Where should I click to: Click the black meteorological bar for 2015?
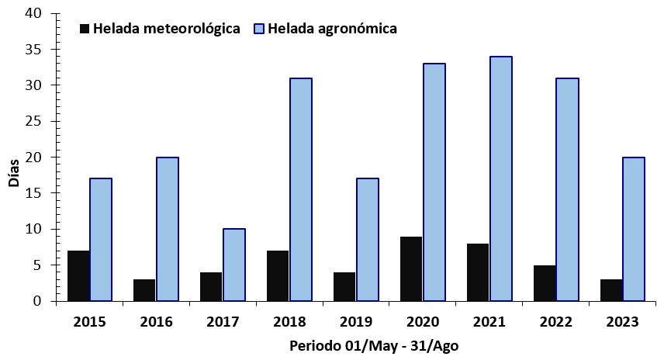(78, 275)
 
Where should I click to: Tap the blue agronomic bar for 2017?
(233, 265)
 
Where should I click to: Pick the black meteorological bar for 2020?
(411, 268)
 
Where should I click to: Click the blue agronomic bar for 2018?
(300, 189)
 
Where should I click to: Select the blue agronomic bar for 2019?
(367, 240)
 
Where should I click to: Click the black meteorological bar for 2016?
(144, 289)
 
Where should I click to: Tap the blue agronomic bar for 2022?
(567, 189)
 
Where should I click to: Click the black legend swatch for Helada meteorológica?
(85, 29)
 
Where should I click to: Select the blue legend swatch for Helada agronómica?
(260, 29)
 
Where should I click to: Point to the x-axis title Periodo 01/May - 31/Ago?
(373, 345)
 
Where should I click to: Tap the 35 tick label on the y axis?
(34, 49)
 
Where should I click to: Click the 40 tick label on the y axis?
(34, 13)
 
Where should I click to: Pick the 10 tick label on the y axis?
(34, 229)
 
